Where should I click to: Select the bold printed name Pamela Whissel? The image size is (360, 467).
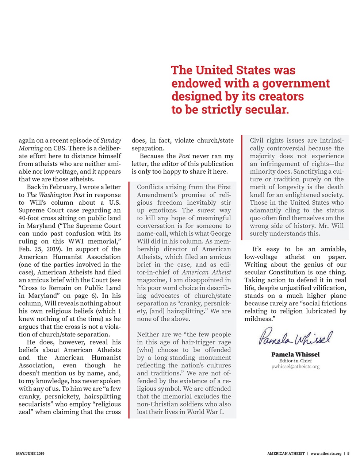click(295, 354)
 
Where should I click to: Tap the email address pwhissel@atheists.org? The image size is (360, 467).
click(295, 366)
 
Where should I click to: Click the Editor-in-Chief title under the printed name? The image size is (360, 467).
click(295, 360)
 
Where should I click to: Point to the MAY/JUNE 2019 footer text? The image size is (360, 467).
click(30, 454)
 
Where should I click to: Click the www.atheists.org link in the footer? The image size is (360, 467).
click(326, 454)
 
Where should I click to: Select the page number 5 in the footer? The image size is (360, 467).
click(348, 454)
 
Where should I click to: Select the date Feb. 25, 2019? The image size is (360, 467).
click(39, 249)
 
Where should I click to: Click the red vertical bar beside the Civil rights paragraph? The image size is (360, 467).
click(242, 187)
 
